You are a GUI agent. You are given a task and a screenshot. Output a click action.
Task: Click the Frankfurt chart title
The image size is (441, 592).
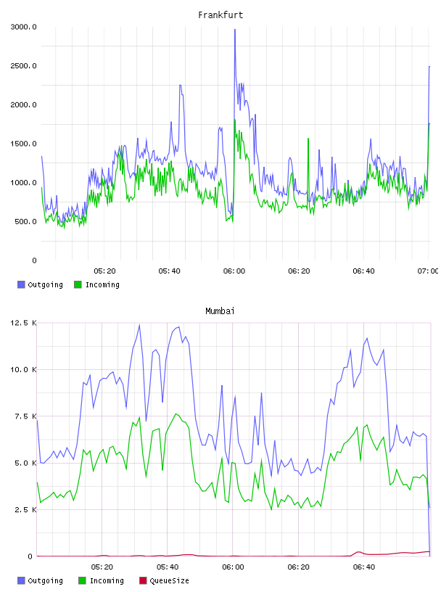[220, 15]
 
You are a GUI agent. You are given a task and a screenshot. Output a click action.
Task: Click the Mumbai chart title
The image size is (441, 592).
[220, 311]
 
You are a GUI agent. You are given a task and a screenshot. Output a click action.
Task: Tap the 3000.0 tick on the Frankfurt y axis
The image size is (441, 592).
[23, 27]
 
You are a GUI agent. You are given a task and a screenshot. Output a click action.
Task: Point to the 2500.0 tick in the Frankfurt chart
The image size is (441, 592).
[23, 66]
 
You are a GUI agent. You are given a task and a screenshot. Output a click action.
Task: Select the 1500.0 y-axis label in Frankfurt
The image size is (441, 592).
[23, 144]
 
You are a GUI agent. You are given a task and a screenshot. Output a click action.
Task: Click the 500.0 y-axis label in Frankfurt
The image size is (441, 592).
[25, 221]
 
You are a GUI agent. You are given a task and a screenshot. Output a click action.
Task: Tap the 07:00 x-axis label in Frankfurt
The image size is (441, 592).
[428, 271]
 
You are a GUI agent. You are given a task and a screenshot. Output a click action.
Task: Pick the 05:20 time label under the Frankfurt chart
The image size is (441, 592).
[104, 271]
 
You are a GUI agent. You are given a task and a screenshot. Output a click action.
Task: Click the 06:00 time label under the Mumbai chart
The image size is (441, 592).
[233, 567]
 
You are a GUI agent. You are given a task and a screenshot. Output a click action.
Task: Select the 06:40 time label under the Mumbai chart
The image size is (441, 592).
[364, 567]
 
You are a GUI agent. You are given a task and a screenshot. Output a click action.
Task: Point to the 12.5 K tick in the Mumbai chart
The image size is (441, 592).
[23, 323]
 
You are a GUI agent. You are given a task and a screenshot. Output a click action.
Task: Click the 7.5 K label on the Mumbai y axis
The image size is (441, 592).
[25, 416]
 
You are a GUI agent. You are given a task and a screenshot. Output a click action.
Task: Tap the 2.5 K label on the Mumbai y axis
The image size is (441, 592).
[25, 510]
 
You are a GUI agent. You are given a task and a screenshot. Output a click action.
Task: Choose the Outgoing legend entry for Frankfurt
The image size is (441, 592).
[40, 284]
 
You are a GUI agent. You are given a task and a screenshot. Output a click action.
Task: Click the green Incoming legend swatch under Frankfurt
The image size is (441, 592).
[78, 284]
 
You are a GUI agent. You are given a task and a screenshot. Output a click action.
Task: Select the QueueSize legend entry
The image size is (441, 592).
[164, 580]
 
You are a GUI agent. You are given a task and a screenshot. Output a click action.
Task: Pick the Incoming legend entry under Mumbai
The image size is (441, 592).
[102, 580]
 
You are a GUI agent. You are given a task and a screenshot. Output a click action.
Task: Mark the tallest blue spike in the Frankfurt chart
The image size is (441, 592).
[235, 30]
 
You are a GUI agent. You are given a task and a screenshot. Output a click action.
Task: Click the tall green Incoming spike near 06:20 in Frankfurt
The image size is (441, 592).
[308, 139]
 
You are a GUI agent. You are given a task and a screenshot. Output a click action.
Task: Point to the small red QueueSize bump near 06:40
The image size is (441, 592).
[358, 552]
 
